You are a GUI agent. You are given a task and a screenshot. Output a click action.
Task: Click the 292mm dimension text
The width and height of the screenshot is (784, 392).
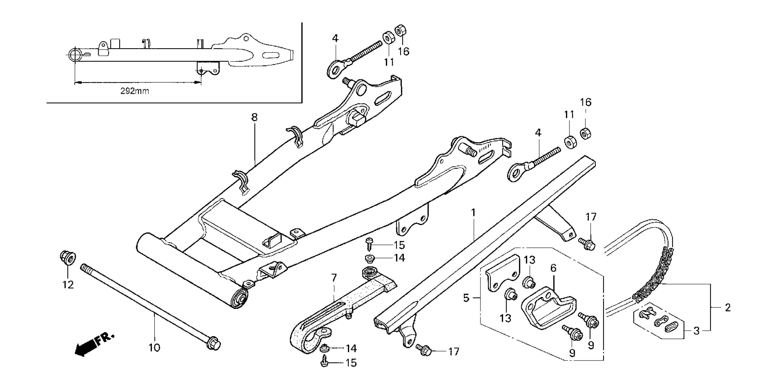[x=135, y=91]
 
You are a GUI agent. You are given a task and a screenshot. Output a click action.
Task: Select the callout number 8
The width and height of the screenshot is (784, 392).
[x=254, y=117]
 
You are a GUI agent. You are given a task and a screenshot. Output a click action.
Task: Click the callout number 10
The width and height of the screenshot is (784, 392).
[x=154, y=347]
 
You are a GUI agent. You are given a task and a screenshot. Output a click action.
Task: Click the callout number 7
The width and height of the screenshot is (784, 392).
[x=334, y=278]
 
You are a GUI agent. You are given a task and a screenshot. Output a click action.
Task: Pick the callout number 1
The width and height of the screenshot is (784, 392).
[x=473, y=213]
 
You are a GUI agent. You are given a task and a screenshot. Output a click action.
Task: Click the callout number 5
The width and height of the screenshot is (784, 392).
[x=466, y=298]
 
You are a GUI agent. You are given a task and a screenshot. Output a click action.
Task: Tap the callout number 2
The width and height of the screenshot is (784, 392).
[x=727, y=308]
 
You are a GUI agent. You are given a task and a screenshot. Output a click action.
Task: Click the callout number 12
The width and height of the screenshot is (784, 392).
[x=68, y=285]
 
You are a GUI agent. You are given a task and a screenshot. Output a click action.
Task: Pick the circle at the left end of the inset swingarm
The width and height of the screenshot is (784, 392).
[x=75, y=55]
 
